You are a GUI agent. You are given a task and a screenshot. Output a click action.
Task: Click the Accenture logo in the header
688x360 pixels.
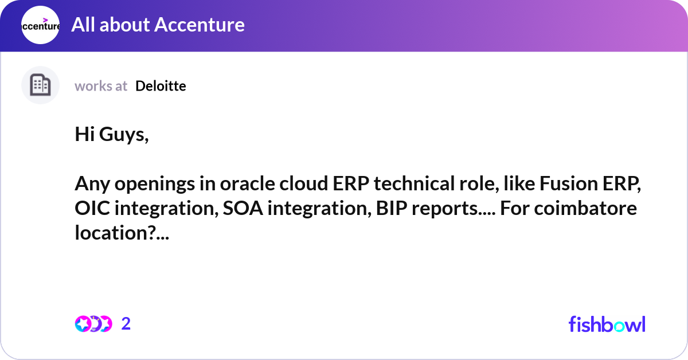pos(40,25)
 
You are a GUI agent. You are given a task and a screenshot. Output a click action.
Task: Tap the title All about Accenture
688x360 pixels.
pos(158,25)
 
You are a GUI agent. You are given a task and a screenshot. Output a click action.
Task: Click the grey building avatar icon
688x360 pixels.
pos(40,85)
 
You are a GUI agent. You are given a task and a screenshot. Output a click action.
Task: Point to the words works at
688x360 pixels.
pos(101,86)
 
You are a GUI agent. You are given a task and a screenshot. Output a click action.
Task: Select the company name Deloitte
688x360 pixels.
pos(161,86)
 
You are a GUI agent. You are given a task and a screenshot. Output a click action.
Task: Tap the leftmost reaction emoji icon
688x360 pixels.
pos(83,324)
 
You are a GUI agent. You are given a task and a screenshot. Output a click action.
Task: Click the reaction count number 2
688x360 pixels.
pos(126,324)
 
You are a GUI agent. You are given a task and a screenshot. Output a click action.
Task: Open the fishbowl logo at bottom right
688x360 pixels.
pos(607,324)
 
